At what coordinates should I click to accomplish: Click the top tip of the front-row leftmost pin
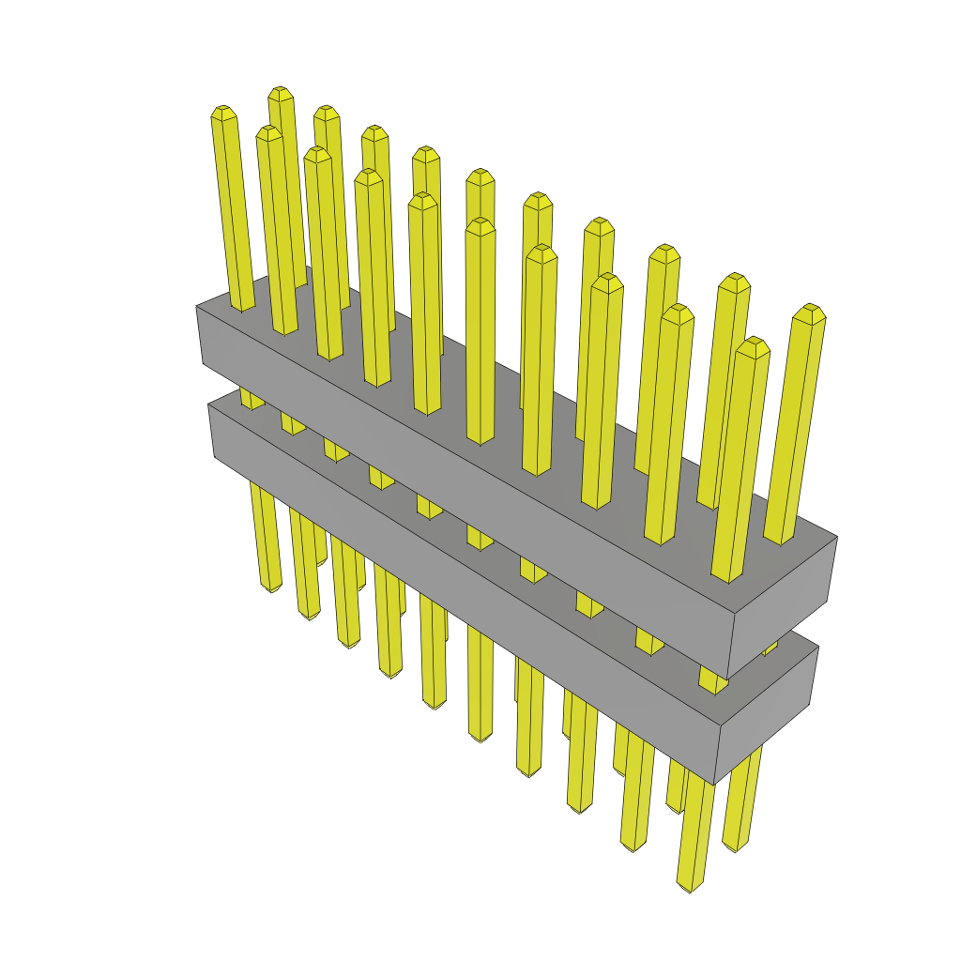pyautogui.click(x=222, y=110)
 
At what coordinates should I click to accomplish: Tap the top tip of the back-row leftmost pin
pyautogui.click(x=280, y=91)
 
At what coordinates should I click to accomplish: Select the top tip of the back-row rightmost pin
pyautogui.click(x=808, y=309)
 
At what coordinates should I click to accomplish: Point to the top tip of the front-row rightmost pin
pyautogui.click(x=752, y=343)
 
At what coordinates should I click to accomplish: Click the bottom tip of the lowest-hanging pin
pyautogui.click(x=691, y=887)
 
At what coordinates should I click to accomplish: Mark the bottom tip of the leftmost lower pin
pyautogui.click(x=271, y=587)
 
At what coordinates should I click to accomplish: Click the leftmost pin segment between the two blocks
pyautogui.click(x=251, y=399)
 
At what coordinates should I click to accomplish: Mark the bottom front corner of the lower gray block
pyautogui.click(x=714, y=785)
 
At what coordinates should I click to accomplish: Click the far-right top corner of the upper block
pyautogui.click(x=837, y=538)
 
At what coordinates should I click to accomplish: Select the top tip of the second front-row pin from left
pyautogui.click(x=269, y=130)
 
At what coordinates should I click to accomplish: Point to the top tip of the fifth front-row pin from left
pyautogui.click(x=422, y=197)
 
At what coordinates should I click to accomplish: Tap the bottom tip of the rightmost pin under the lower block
pyautogui.click(x=736, y=847)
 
